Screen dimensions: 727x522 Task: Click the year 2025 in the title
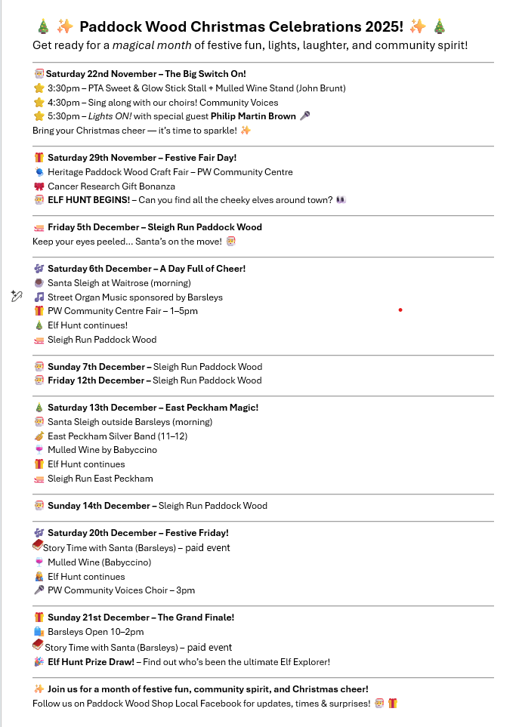(383, 26)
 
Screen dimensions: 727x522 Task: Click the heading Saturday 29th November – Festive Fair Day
(142, 158)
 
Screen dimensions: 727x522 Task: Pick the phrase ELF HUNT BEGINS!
(88, 200)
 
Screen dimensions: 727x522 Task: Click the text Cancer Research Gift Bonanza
(111, 186)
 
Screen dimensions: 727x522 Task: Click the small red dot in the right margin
(400, 310)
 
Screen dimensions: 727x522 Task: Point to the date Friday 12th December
(96, 380)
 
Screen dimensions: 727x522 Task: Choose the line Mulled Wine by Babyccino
(102, 450)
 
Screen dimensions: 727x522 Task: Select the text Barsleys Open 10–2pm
(95, 632)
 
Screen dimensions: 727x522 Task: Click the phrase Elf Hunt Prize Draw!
(91, 662)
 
